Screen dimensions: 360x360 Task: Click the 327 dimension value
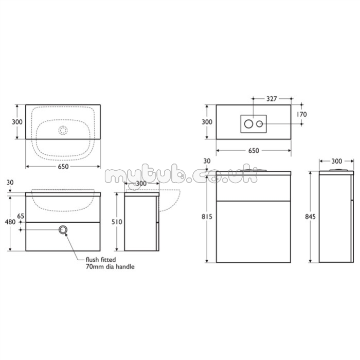point(272,99)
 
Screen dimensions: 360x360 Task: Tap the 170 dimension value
point(301,114)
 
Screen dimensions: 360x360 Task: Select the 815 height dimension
point(207,217)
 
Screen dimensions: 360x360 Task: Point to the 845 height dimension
point(311,217)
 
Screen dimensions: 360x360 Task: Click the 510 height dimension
point(117,222)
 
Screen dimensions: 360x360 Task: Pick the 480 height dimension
point(10,222)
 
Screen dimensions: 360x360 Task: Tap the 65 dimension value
point(21,216)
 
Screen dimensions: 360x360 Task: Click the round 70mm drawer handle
point(63,229)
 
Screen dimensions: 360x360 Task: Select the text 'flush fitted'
point(101,260)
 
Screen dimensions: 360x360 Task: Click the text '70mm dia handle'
point(110,267)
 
